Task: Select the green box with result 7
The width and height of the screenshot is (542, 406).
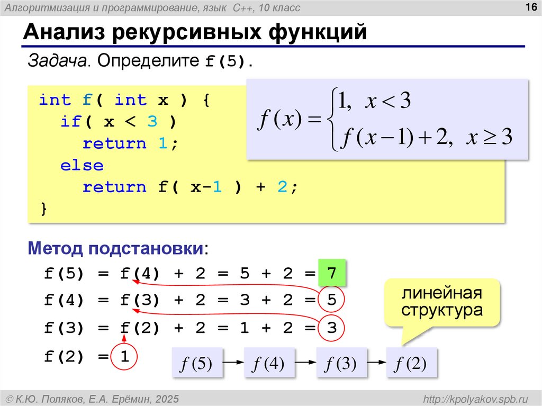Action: click(x=332, y=274)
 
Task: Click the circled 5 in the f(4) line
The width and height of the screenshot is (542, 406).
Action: click(x=332, y=300)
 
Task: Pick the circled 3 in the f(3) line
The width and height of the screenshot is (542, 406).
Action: click(x=332, y=328)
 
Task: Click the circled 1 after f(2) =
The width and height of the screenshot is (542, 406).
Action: click(x=125, y=356)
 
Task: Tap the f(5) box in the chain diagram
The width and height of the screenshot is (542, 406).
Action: click(x=197, y=363)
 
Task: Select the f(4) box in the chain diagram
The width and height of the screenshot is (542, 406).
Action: click(x=269, y=363)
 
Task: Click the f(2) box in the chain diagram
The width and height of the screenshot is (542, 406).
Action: click(x=412, y=363)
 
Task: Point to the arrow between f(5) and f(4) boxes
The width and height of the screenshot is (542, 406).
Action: click(x=233, y=363)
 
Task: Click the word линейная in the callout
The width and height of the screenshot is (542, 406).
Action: click(x=441, y=293)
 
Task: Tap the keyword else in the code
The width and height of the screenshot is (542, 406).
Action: click(x=82, y=165)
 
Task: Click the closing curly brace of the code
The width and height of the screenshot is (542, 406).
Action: click(x=44, y=209)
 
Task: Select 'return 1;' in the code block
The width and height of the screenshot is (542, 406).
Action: click(x=129, y=143)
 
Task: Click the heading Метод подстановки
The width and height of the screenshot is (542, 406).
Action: click(x=116, y=248)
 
